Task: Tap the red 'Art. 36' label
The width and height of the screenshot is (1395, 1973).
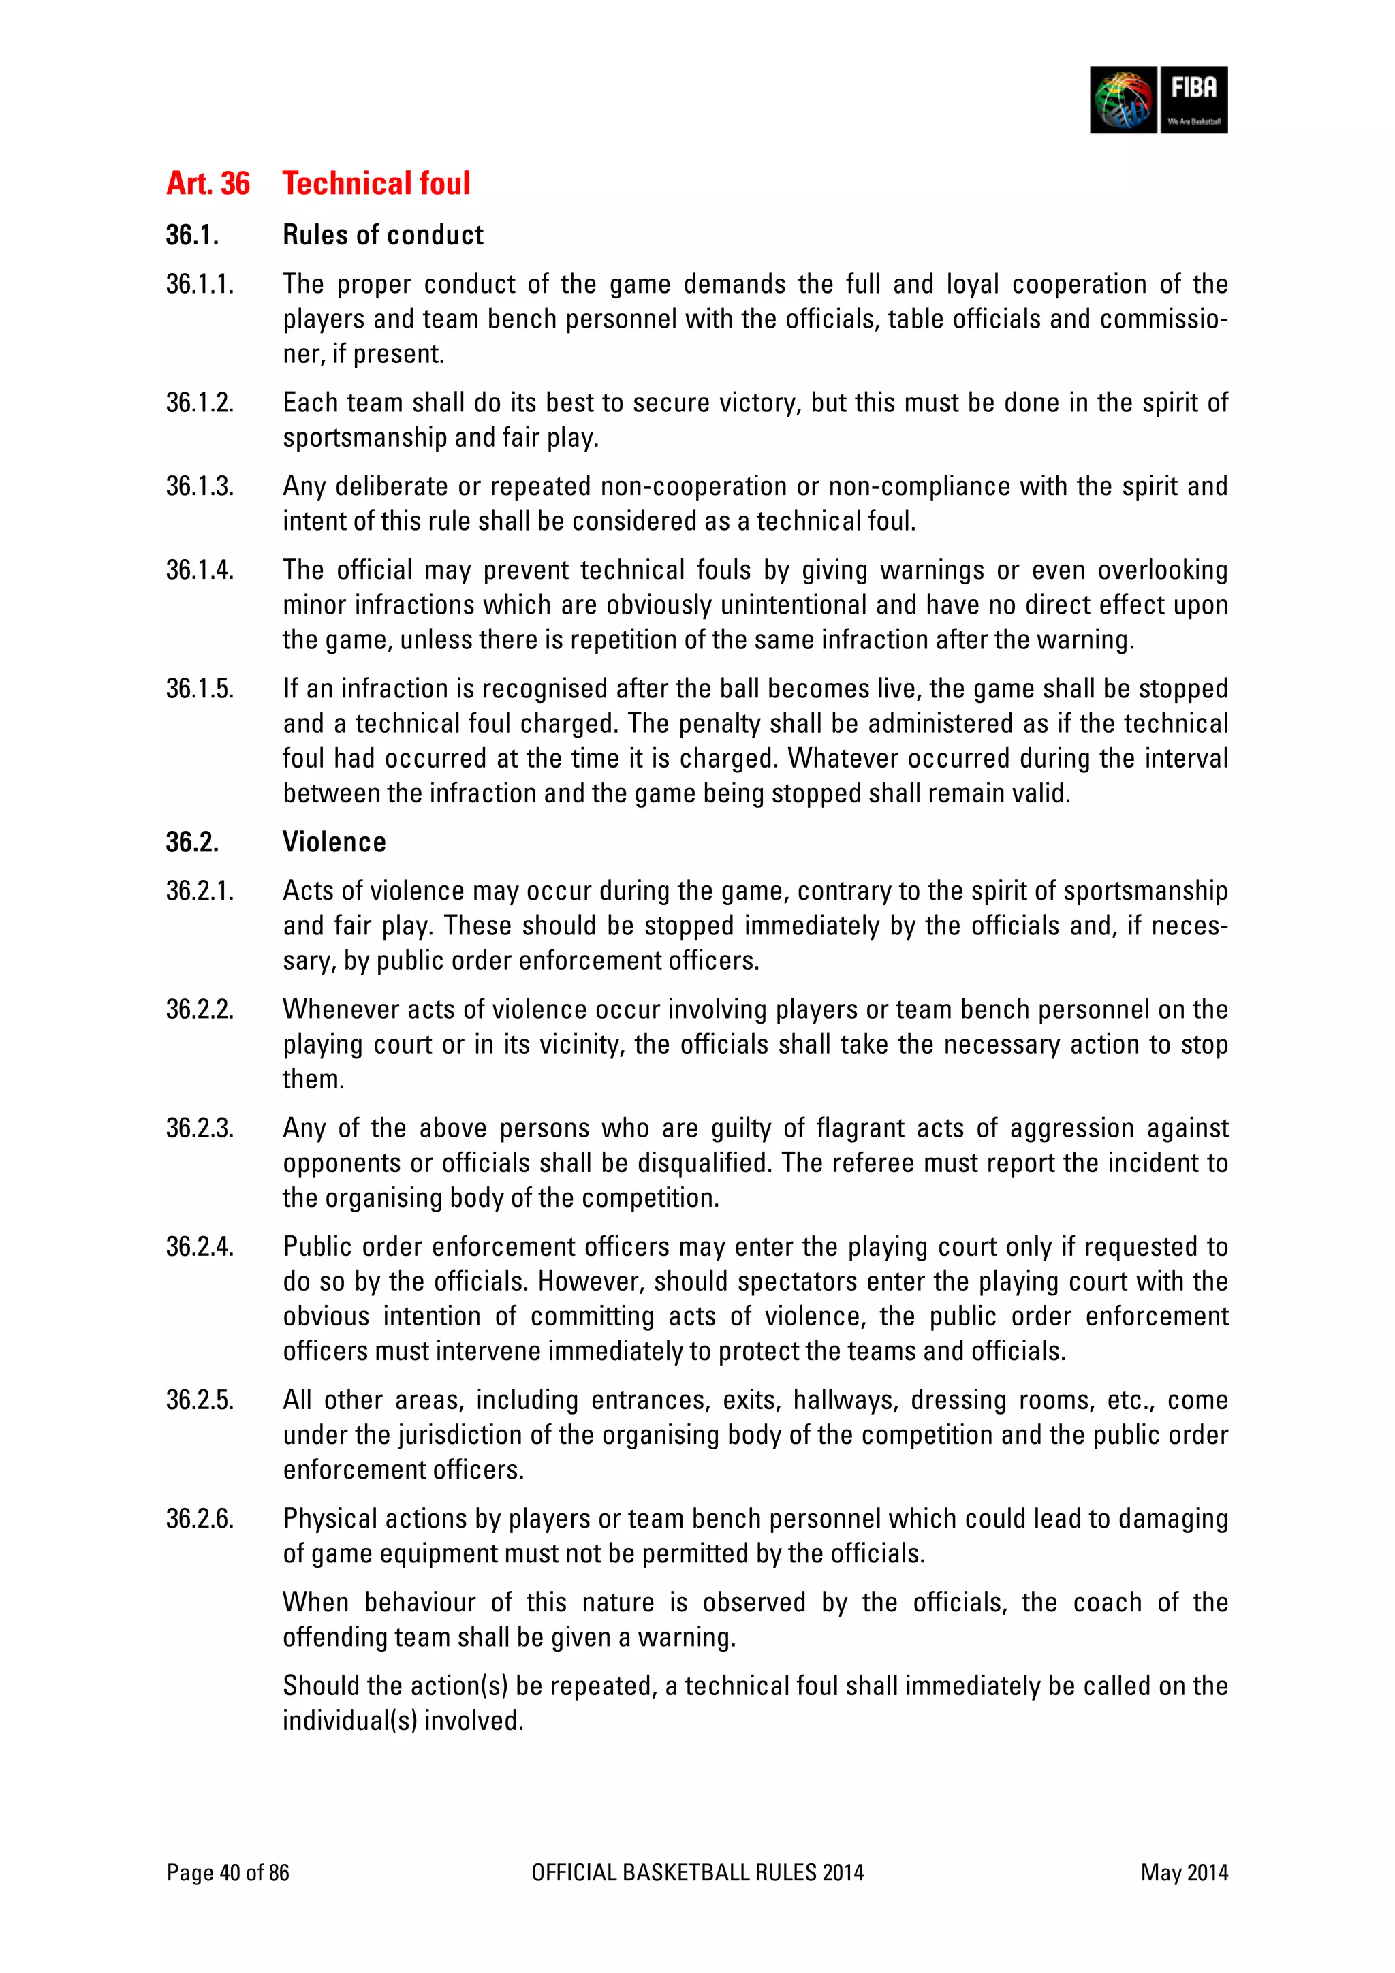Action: tap(208, 183)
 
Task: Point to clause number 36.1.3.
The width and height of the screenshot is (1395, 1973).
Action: tap(200, 486)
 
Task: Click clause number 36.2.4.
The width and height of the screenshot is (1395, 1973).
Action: tap(200, 1247)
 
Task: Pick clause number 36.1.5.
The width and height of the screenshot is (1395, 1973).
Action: tap(200, 689)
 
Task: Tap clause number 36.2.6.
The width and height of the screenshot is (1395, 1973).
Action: tap(200, 1519)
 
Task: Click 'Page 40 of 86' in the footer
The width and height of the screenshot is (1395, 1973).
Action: tap(228, 1872)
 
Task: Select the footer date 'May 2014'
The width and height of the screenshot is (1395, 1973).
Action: tap(1184, 1872)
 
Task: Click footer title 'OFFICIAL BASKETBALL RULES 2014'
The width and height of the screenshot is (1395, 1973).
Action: tap(697, 1872)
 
